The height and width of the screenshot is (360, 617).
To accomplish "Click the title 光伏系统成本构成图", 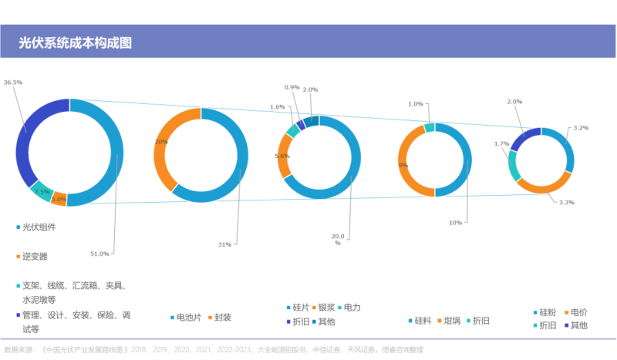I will [x=76, y=43].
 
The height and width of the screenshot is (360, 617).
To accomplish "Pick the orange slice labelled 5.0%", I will [x=59, y=199].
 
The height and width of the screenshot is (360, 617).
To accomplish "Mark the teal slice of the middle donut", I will [x=293, y=130].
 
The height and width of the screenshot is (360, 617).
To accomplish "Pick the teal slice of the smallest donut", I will [x=513, y=164].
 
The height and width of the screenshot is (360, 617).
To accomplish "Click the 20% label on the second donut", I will [x=161, y=142].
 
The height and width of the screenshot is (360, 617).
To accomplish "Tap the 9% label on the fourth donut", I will [x=403, y=164].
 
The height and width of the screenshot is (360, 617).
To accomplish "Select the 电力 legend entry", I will [x=352, y=308].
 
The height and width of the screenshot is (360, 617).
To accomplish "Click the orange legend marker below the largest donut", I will [x=18, y=256].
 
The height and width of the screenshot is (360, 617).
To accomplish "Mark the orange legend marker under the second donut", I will [x=209, y=317].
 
